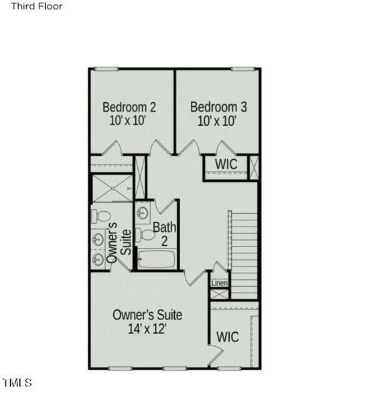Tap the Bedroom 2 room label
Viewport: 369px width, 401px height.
pyautogui.click(x=129, y=107)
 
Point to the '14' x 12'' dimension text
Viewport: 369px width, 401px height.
pyautogui.click(x=147, y=329)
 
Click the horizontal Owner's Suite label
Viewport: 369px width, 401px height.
pyautogui.click(x=147, y=314)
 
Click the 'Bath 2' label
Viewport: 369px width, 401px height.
pyautogui.click(x=164, y=233)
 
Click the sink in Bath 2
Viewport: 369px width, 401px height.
pyautogui.click(x=143, y=213)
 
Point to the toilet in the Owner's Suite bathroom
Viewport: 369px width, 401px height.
pyautogui.click(x=101, y=216)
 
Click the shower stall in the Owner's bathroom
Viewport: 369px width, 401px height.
pyautogui.click(x=112, y=188)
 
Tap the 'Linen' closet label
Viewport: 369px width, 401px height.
pyautogui.click(x=220, y=283)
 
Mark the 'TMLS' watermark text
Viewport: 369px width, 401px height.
pyautogui.click(x=17, y=383)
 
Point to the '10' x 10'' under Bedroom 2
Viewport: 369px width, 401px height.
pyautogui.click(x=129, y=121)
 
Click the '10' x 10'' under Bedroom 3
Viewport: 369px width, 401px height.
pyautogui.click(x=217, y=121)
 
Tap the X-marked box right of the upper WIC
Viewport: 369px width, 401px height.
pyautogui.click(x=254, y=165)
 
